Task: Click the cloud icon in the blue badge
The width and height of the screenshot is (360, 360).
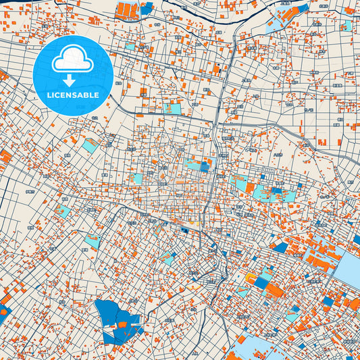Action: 73,61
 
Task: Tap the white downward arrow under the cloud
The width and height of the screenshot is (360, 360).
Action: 73,80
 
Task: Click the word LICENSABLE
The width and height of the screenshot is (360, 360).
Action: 73,94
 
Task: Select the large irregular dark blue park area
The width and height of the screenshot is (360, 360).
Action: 112,318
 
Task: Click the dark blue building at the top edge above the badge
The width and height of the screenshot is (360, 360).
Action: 147,9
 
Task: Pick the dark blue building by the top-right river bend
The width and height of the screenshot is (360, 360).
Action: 303,9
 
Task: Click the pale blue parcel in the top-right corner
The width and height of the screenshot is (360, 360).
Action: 345,26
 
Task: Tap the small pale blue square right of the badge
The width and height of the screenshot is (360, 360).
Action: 130,47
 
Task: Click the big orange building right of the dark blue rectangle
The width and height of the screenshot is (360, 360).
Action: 275,290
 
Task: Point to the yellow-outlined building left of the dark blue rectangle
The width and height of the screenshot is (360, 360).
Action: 250,278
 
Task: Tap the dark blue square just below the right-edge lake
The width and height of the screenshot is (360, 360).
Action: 328,301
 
